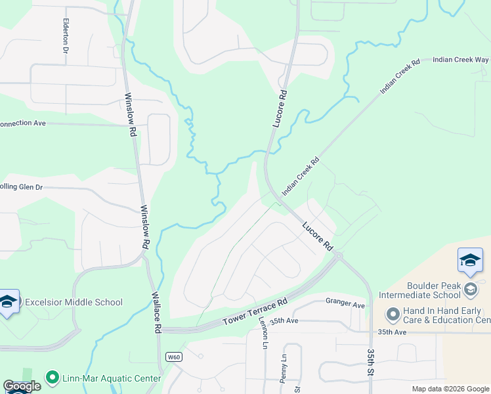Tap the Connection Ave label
pos(22,123)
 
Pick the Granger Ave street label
pos(345,305)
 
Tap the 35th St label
pos(371,362)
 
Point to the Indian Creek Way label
pos(460,60)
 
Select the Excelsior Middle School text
pos(74,303)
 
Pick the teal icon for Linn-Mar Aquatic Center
pos(53,378)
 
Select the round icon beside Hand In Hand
pos(393,315)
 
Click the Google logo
pos(22,386)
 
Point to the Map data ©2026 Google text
pos(450,389)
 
